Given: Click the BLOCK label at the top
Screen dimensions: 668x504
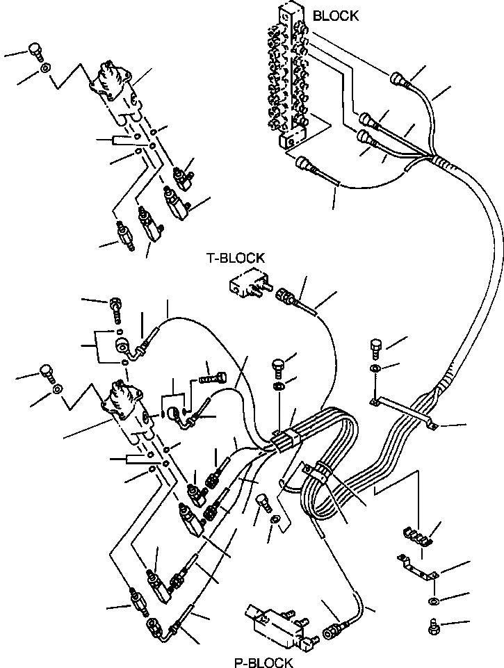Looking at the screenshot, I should (335, 15).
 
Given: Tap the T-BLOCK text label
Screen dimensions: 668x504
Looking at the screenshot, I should (235, 258).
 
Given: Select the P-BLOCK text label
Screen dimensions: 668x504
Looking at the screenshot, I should (263, 662).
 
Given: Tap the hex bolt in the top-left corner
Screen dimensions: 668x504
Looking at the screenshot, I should (34, 51).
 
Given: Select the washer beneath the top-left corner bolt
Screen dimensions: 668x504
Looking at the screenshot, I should (44, 69).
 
